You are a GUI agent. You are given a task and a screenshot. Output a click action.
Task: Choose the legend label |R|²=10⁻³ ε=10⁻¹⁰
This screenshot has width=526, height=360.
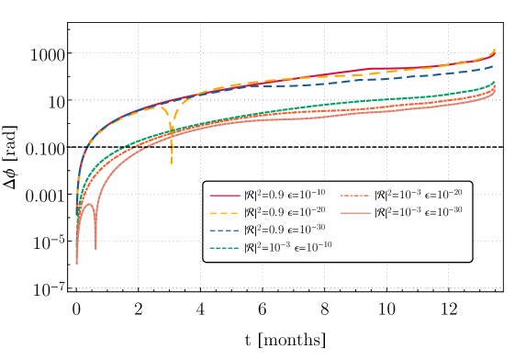tap(287, 247)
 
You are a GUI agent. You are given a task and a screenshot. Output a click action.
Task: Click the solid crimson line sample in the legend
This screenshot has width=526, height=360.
tap(225, 196)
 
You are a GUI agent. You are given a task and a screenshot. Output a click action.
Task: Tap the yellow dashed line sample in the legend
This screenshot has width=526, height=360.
tap(225, 213)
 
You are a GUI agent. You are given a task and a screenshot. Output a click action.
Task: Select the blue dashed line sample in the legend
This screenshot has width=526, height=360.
tap(225, 230)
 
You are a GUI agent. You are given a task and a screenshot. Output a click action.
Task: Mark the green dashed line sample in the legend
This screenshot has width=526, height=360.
tap(225, 247)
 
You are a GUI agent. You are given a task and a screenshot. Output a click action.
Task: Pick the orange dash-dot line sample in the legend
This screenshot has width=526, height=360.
tap(355, 196)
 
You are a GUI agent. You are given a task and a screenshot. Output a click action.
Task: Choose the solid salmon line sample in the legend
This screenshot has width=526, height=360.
tap(355, 213)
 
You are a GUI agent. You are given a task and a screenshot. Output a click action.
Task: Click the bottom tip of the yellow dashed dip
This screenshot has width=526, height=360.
tap(172, 163)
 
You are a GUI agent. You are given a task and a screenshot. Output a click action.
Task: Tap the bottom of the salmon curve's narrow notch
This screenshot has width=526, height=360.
tap(95, 248)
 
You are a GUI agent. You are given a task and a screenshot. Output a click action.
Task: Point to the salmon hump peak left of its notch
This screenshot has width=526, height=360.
tap(88, 205)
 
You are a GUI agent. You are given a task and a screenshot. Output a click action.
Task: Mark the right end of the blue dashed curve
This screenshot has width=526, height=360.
tap(495, 65)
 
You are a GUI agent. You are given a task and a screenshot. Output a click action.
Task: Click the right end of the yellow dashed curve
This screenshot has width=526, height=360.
tap(496, 50)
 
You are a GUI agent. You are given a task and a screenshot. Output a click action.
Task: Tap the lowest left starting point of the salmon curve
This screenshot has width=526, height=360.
tap(76, 263)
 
